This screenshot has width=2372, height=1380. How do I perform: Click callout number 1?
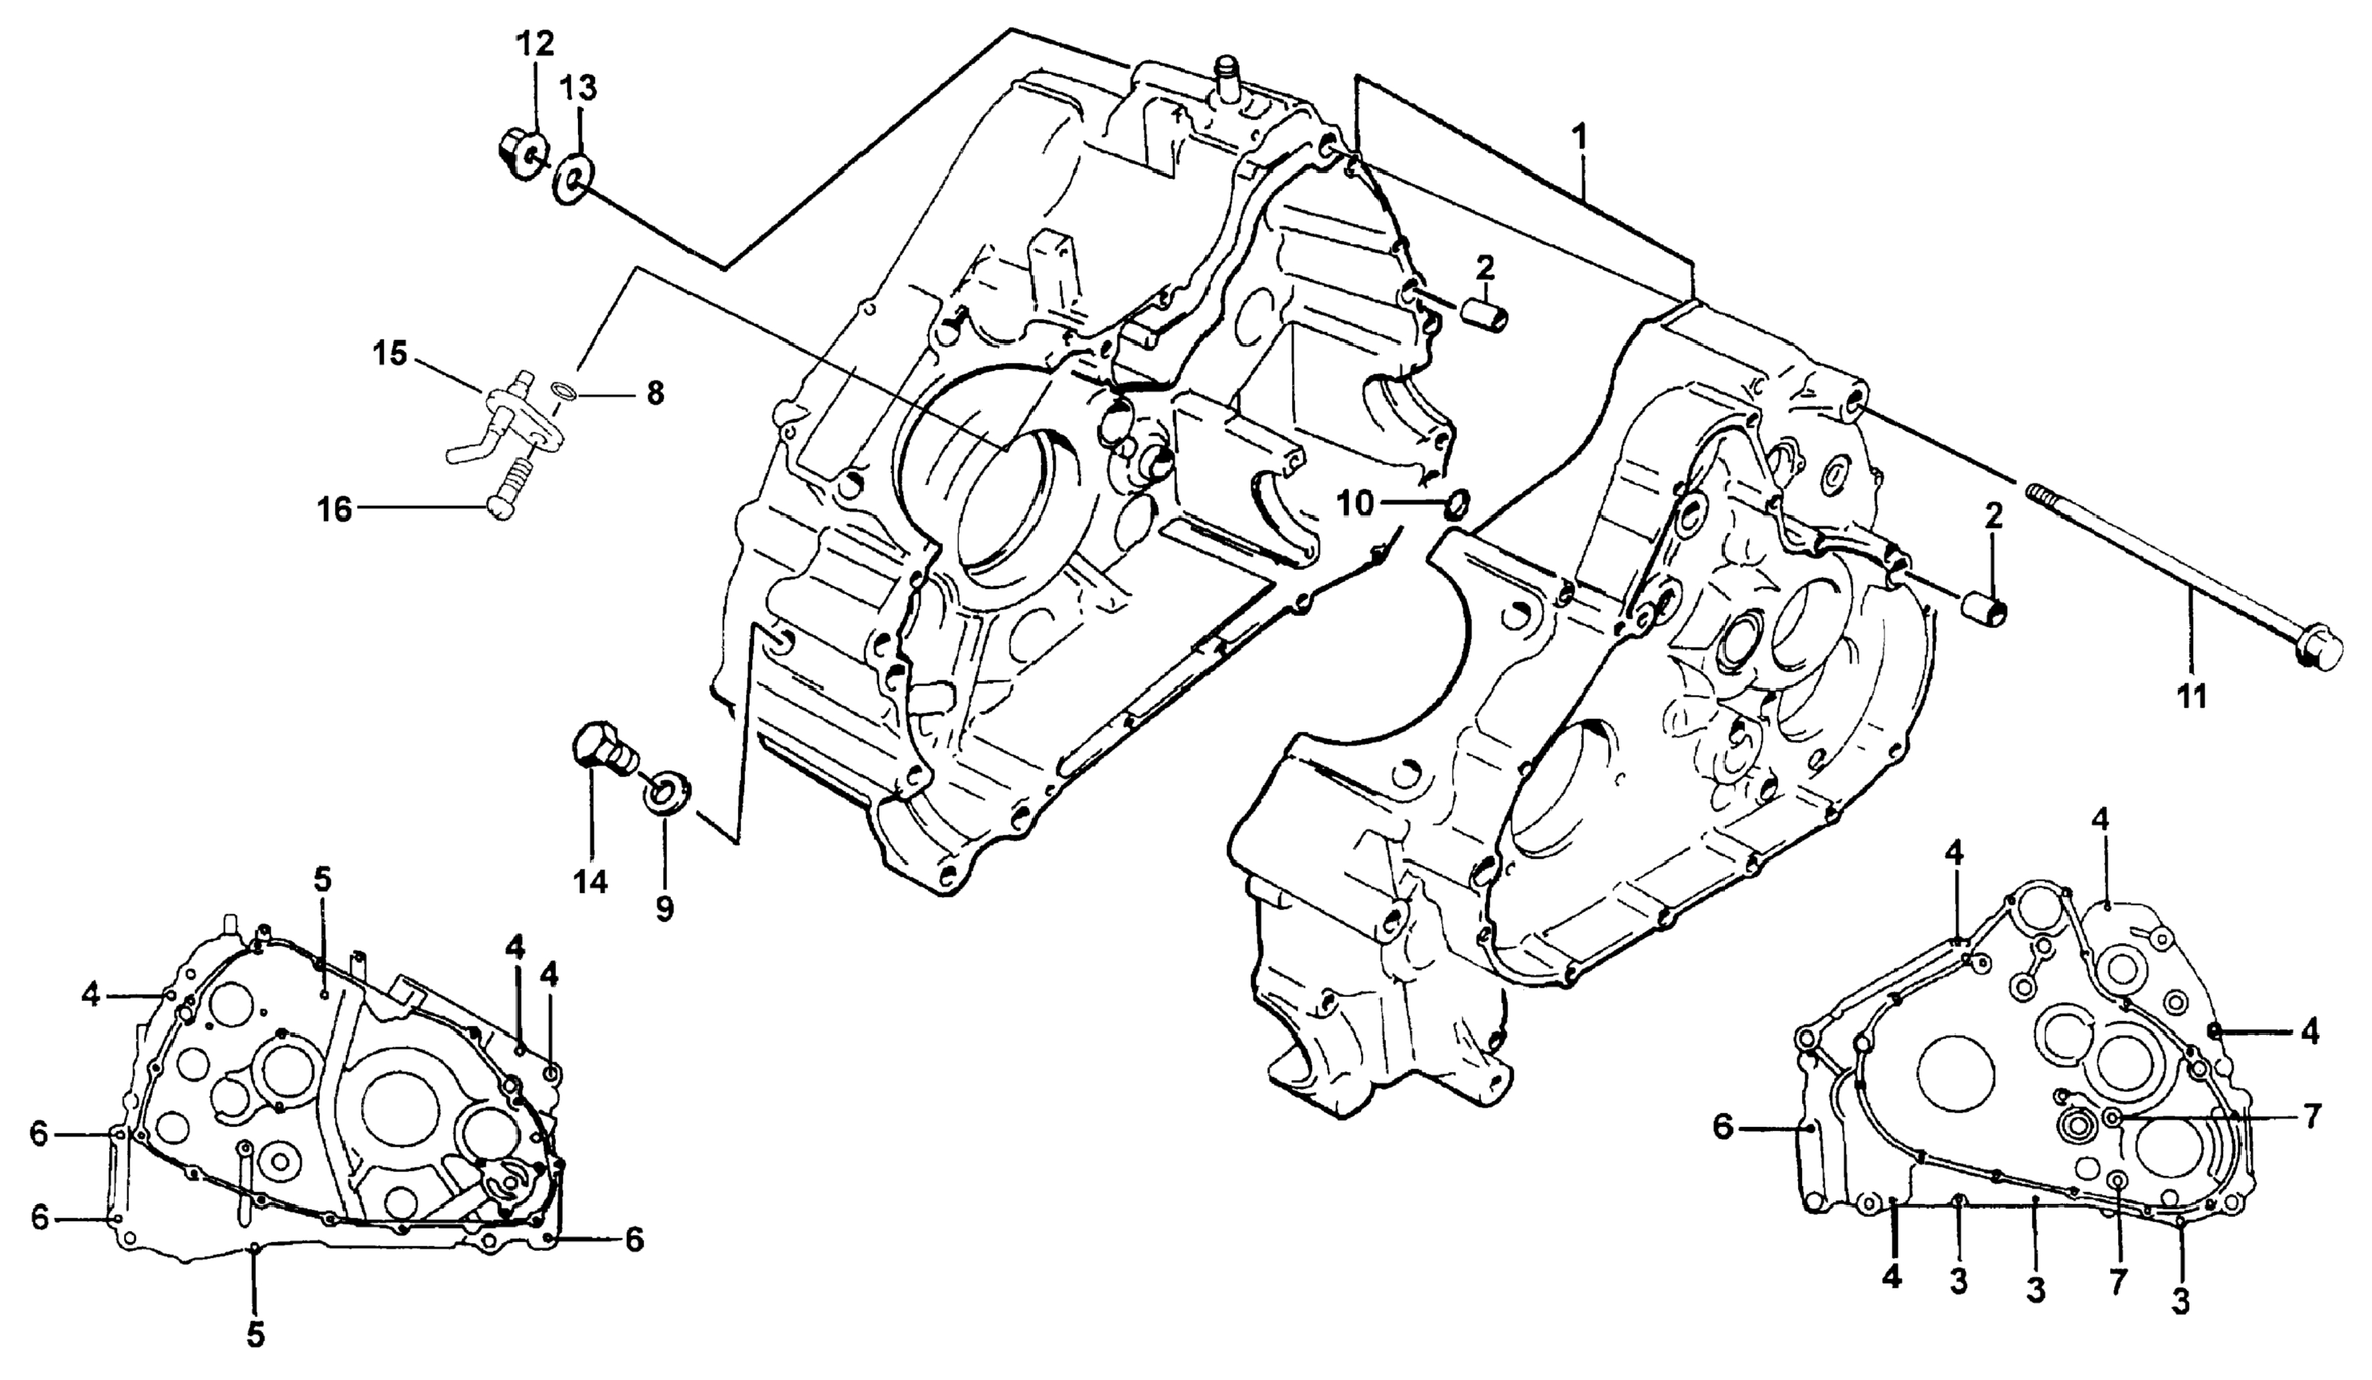pyautogui.click(x=1581, y=138)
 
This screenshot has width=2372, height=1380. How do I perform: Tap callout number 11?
pyautogui.click(x=2193, y=698)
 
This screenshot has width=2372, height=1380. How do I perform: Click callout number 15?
pyautogui.click(x=390, y=356)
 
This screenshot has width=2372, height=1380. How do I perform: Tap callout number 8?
pyautogui.click(x=654, y=392)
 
